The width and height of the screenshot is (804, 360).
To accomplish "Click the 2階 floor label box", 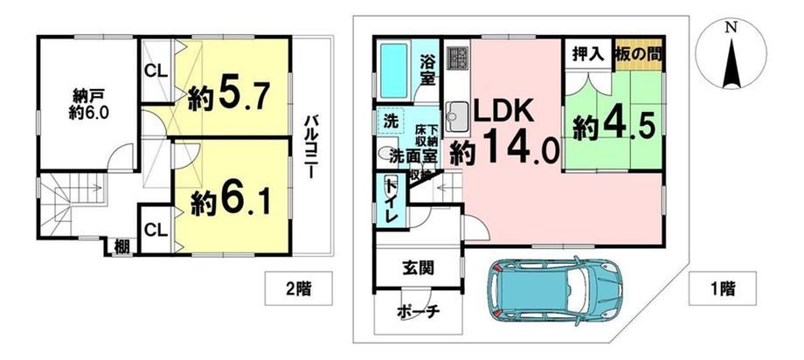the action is pyautogui.click(x=298, y=288).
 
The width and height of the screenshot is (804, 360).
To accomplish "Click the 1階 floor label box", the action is pyautogui.click(x=723, y=288).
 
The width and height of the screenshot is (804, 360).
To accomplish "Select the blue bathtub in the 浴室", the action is pyautogui.click(x=393, y=70).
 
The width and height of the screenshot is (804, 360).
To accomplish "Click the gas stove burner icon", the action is pyautogui.click(x=457, y=57).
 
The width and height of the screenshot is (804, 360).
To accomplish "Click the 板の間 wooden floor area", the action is pyautogui.click(x=638, y=54).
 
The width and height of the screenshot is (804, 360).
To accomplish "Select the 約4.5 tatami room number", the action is pyautogui.click(x=613, y=125).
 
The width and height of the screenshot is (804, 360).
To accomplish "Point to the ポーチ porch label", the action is pyautogui.click(x=418, y=312).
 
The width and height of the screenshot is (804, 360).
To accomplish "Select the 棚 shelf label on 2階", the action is pyautogui.click(x=121, y=247).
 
